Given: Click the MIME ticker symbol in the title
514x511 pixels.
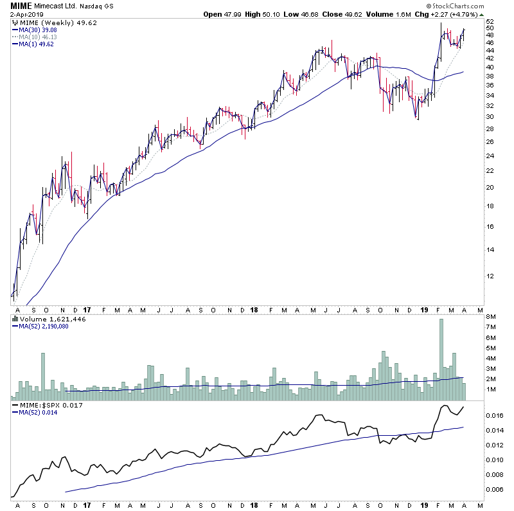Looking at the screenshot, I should coord(19,6).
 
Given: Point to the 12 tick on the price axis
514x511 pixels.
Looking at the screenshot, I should coord(490,276).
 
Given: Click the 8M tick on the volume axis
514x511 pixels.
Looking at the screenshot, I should coord(492,317).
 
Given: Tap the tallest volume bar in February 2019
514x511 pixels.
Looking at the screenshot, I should coord(441,360).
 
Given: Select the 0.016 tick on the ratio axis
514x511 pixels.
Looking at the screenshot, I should coord(494,416).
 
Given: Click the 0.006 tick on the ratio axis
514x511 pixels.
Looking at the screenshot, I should coord(494,490).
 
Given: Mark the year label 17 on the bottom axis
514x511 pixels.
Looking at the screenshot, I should coord(86,506).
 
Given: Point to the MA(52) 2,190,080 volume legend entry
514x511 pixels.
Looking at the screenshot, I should coord(43,326).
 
